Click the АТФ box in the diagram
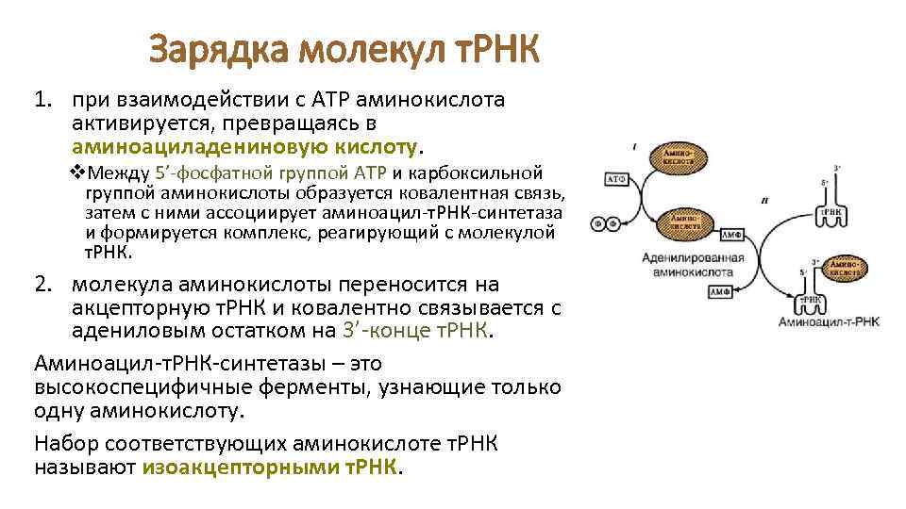616,177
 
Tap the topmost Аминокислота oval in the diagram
679,157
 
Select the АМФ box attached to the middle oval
731,232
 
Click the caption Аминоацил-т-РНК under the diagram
828,322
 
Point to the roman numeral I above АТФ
634,146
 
